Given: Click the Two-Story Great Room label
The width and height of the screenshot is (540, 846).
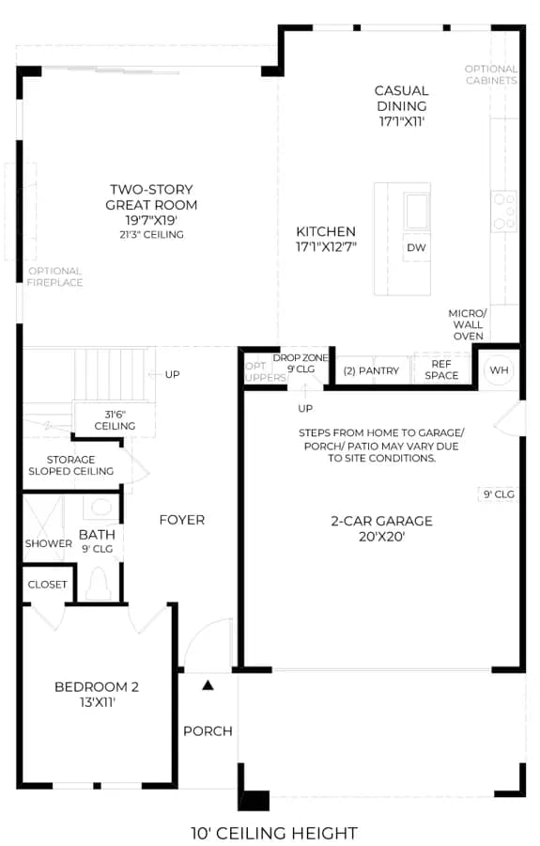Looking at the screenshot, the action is (151, 211).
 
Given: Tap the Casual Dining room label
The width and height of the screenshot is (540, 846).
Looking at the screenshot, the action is (402, 105).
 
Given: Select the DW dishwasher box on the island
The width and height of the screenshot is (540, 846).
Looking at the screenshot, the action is (416, 247).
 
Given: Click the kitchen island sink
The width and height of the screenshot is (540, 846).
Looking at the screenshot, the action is (417, 211).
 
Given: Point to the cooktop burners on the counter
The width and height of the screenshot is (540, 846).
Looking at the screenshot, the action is (504, 211).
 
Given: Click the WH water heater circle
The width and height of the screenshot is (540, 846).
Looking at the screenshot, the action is (499, 370).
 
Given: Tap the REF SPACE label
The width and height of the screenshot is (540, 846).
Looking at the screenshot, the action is (441, 369).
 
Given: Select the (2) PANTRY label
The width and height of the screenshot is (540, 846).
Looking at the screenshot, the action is (371, 370).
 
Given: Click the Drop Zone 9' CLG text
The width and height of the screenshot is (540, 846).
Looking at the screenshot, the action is (301, 363).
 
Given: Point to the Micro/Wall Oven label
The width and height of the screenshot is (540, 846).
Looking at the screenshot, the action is (468, 324).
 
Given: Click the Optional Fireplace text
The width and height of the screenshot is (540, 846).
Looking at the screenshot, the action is (55, 276).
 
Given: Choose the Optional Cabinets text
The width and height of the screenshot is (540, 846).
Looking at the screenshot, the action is (491, 74).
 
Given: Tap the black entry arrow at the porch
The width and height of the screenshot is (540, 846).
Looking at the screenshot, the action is (208, 685).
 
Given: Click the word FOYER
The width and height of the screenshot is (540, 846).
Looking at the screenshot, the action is (182, 520).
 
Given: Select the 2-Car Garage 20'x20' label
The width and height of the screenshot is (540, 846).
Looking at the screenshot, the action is (381, 528).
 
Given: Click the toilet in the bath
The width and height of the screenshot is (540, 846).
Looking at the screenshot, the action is (98, 583).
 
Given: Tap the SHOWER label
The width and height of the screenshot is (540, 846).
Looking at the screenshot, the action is (49, 543).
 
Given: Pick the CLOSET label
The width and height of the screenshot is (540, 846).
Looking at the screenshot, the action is (47, 585).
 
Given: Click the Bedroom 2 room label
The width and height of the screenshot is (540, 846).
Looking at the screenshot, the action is (97, 694).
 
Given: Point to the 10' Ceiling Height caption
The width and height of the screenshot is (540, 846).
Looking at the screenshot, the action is (274, 833).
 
